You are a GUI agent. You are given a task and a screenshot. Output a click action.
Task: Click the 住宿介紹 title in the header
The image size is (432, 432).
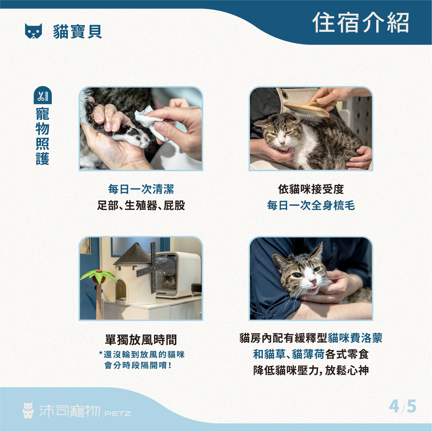360,23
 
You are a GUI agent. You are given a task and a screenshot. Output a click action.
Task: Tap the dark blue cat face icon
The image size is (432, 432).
33,31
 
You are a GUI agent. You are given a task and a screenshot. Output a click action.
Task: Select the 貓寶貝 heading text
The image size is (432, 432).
78,31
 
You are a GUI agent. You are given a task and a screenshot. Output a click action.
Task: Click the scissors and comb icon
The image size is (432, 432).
42,96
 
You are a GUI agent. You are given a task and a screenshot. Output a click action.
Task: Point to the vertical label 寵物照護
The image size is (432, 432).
42,136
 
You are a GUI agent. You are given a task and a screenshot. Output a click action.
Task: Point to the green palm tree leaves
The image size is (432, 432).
98,276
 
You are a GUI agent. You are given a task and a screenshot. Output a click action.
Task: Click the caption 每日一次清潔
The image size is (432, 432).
141,189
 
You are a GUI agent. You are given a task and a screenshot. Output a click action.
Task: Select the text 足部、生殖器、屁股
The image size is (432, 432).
141,205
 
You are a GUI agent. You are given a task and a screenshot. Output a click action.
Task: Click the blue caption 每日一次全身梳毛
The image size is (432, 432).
311,205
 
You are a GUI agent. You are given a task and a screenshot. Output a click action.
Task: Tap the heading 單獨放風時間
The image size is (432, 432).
141,340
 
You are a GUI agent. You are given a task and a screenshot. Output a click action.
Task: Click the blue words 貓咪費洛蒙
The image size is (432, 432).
355,338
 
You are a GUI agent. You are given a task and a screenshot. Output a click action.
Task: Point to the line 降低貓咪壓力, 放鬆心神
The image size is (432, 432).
311,370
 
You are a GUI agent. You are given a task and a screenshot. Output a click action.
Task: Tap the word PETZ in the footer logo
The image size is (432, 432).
118,414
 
